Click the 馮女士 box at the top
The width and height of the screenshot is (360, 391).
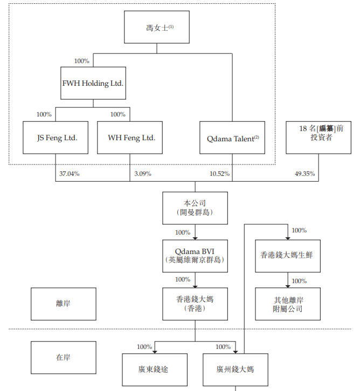click(157, 27)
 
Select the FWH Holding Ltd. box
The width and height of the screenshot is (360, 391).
click(93, 84)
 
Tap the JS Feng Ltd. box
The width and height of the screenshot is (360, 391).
click(56, 138)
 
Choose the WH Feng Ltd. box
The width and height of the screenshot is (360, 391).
click(130, 138)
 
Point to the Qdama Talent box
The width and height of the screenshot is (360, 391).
click(232, 138)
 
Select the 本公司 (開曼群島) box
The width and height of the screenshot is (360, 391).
click(195, 208)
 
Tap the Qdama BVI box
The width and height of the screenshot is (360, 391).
click(195, 256)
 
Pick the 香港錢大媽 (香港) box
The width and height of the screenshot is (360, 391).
click(195, 304)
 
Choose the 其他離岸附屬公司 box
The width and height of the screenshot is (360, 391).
click(287, 304)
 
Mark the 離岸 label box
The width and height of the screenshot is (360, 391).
click(64, 304)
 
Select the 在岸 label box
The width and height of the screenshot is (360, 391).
click(64, 358)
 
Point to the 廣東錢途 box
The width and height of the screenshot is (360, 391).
click(155, 369)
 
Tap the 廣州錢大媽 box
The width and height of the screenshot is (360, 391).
click(236, 369)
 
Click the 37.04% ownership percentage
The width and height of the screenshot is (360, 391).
click(70, 174)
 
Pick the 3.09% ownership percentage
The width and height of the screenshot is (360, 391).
click(142, 174)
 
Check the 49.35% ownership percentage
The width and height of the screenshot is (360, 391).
click(305, 174)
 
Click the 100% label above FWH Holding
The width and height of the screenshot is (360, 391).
click(82, 61)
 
